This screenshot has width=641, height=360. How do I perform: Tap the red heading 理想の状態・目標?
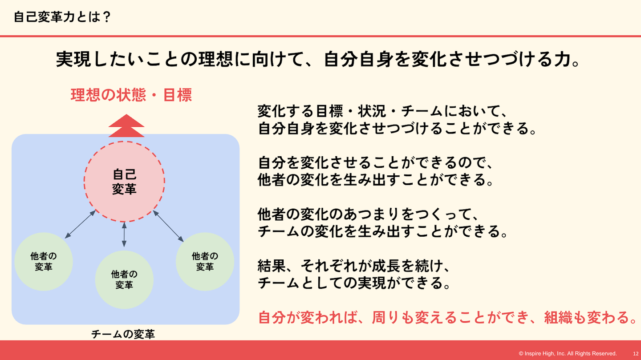[131, 95]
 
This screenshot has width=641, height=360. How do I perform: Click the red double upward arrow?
[126, 126]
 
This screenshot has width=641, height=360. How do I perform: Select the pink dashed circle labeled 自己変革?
[124, 182]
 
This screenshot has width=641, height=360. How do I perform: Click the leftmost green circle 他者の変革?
[44, 262]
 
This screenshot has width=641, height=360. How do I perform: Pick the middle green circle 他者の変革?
[124, 280]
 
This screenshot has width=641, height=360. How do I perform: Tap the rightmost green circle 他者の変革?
[205, 261]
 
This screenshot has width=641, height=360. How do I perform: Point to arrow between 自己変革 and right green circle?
[168, 226]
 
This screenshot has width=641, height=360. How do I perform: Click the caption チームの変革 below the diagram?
[123, 334]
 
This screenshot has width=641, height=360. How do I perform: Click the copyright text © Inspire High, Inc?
[568, 353]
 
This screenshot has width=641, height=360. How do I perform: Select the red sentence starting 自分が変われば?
[447, 318]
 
